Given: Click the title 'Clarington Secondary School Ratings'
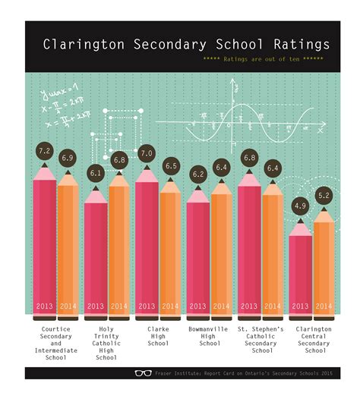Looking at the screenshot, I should pyautogui.click(x=186, y=44).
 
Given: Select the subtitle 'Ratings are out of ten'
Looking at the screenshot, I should pyautogui.click(x=261, y=58).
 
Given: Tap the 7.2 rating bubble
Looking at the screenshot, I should pyautogui.click(x=44, y=151).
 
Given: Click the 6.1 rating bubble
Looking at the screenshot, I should pyautogui.click(x=96, y=173).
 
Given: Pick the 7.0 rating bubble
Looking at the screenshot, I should pyautogui.click(x=147, y=154).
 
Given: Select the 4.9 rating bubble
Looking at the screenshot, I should pyautogui.click(x=301, y=205).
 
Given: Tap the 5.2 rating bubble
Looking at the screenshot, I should pyautogui.click(x=324, y=196).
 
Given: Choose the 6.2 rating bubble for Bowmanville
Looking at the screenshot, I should pyautogui.click(x=197, y=174).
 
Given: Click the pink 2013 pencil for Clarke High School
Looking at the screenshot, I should pyautogui.click(x=147, y=243).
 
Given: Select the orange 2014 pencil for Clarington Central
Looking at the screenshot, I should pyautogui.click(x=324, y=265).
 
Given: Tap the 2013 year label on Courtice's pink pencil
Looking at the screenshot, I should pyautogui.click(x=44, y=306).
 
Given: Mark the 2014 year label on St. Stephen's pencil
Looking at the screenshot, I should pyautogui.click(x=273, y=306).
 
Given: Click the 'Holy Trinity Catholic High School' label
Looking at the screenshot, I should pyautogui.click(x=107, y=343).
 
